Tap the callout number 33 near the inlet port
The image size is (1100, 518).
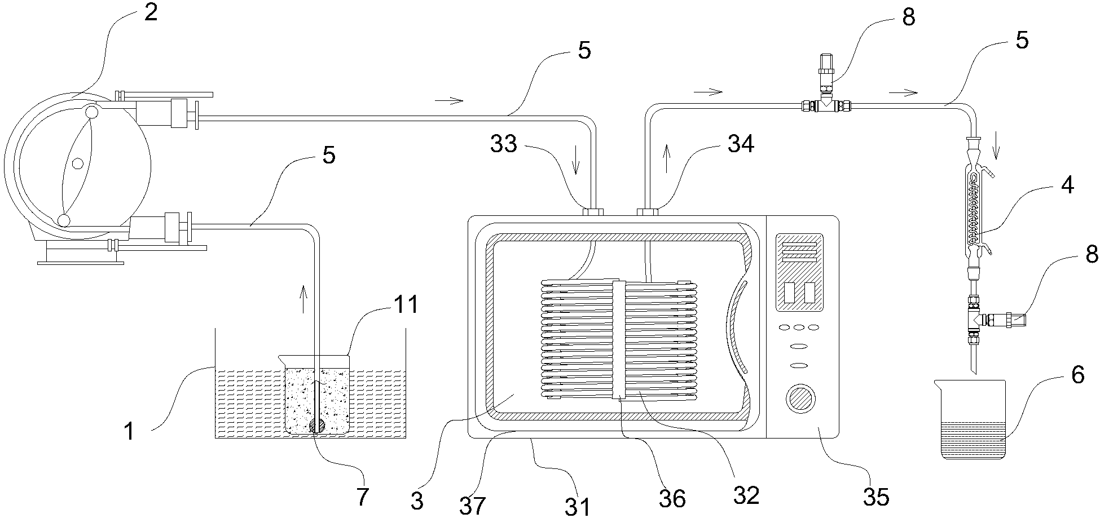pyautogui.click(x=504, y=144)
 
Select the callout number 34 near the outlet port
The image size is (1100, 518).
pyautogui.click(x=741, y=144)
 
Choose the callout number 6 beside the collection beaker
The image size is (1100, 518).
pyautogui.click(x=1077, y=375)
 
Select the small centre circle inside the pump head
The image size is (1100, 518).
pyautogui.click(x=77, y=163)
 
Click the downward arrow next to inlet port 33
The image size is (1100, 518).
pyautogui.click(x=575, y=166)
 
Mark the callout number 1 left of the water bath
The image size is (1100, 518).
pyautogui.click(x=129, y=431)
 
